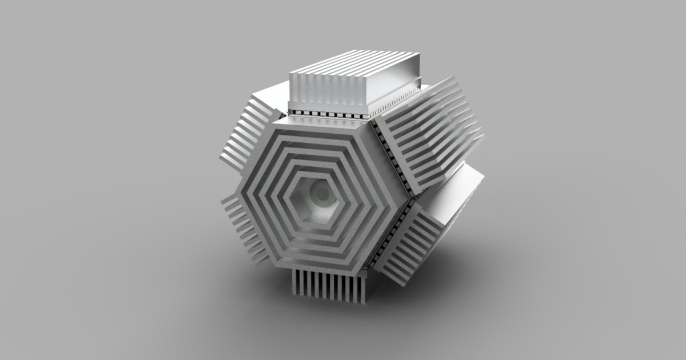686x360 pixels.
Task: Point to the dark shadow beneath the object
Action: click(x=343, y=320)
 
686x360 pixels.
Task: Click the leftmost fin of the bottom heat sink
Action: click(x=296, y=282)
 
